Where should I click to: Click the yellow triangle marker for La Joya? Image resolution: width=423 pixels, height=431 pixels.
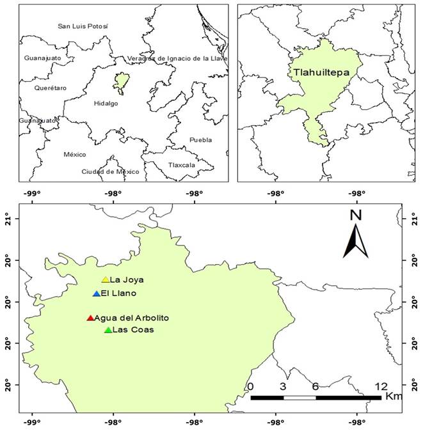pos(106,279)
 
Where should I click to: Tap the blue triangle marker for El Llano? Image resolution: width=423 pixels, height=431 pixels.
pos(97,294)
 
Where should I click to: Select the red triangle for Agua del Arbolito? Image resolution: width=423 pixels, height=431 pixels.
pos(90,318)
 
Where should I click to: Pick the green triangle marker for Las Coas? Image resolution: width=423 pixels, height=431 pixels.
pos(108,330)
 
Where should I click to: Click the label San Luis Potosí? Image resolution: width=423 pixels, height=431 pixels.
pos(83,26)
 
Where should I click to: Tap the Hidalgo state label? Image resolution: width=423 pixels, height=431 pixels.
pos(106,103)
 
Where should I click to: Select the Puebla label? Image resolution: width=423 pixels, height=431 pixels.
pos(200,139)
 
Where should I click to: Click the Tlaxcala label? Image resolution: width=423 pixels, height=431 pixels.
pos(181,164)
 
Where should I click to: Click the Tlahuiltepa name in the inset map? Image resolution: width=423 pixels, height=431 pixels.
pos(321,72)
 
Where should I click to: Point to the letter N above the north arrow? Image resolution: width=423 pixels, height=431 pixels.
pos(356,215)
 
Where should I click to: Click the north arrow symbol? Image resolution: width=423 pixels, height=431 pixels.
pos(355,241)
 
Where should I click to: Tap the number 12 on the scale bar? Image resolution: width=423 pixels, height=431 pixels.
pos(380,386)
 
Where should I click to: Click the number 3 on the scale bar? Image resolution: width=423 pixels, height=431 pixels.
pos(283,386)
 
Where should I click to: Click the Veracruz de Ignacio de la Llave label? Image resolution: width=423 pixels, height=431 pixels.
pos(177,58)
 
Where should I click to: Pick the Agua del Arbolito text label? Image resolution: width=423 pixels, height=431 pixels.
pos(132,318)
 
